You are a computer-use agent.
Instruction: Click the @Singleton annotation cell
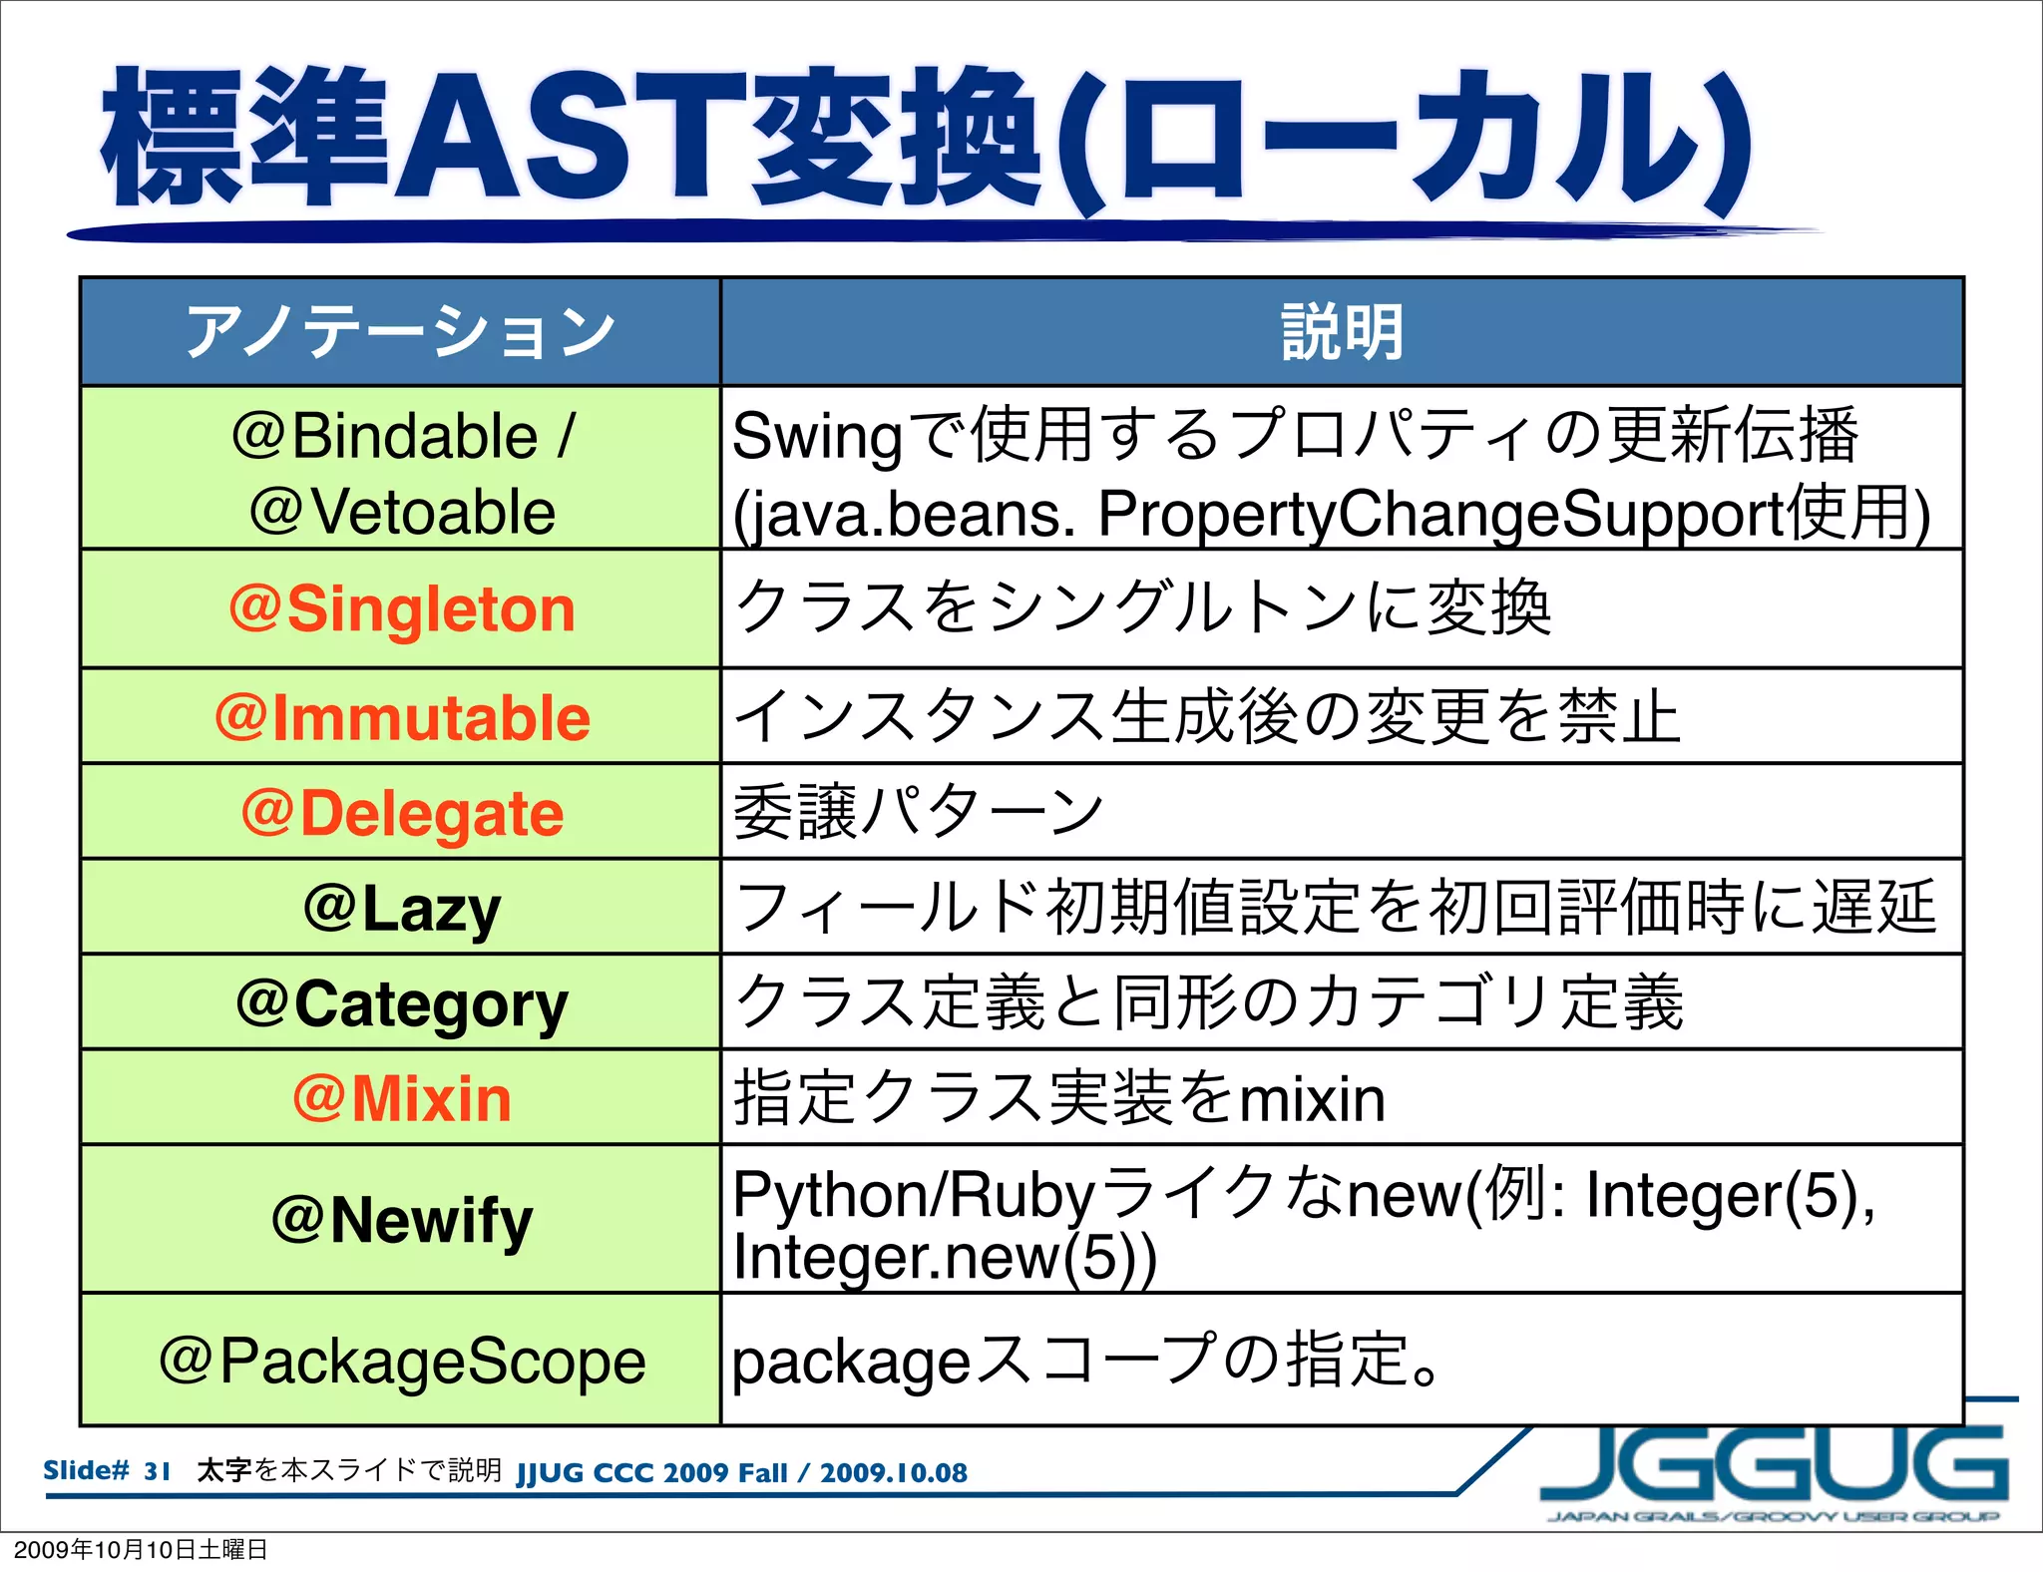402,608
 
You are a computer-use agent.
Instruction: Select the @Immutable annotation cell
402,717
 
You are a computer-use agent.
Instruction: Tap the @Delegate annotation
402,813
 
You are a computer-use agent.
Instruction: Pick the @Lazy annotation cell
402,908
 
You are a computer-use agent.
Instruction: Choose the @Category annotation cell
402,1002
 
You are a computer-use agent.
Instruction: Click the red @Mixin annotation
402,1098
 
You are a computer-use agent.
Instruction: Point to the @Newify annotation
402,1219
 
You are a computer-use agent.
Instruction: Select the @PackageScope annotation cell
402,1361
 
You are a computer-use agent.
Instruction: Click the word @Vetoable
402,512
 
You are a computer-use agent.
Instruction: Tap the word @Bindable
385,436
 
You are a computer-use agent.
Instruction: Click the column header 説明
1342,332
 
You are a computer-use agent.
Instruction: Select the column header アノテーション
402,332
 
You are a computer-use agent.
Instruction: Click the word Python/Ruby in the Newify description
914,1194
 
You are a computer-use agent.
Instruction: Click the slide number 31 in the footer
157,1471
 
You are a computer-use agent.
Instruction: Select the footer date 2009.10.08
893,1473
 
